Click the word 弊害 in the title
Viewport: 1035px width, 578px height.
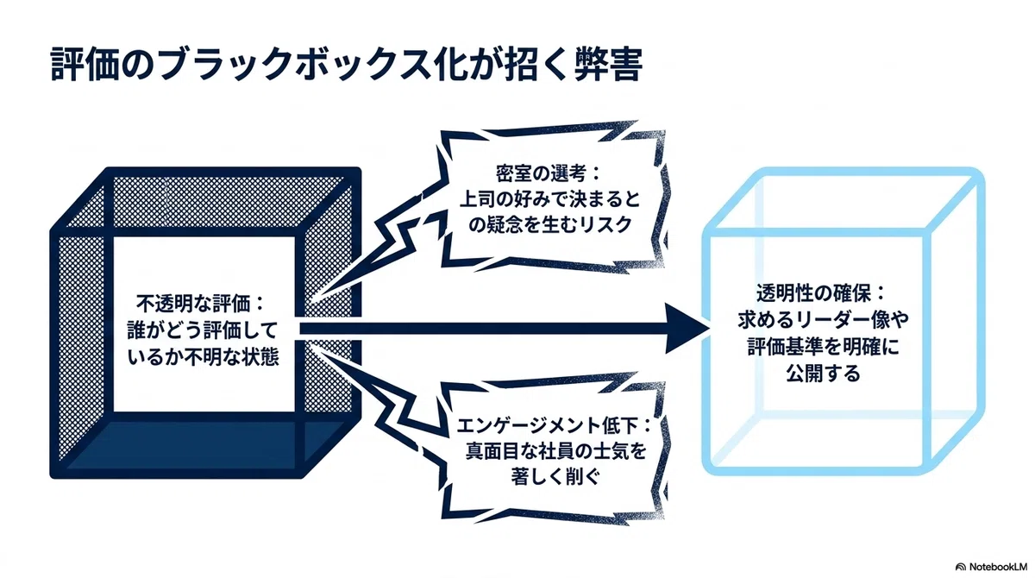click(x=608, y=64)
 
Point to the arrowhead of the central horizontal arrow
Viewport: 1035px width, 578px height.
click(x=687, y=329)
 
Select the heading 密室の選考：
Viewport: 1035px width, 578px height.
click(x=548, y=173)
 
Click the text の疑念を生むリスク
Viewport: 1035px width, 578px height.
click(x=550, y=225)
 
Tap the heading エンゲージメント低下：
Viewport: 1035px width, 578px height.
click(x=554, y=425)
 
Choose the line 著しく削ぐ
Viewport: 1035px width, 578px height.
click(x=555, y=476)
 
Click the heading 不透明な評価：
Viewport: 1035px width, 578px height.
click(x=200, y=304)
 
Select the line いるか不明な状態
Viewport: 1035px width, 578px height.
click(x=203, y=357)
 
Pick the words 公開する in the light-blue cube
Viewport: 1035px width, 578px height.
click(x=823, y=374)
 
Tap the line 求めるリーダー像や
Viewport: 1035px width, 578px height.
click(x=823, y=320)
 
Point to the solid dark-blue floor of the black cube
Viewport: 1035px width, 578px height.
click(x=204, y=444)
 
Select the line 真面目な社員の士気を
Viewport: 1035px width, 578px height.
click(x=555, y=451)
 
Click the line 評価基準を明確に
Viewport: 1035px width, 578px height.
click(x=823, y=347)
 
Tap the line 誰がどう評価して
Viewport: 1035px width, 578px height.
click(x=203, y=330)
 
